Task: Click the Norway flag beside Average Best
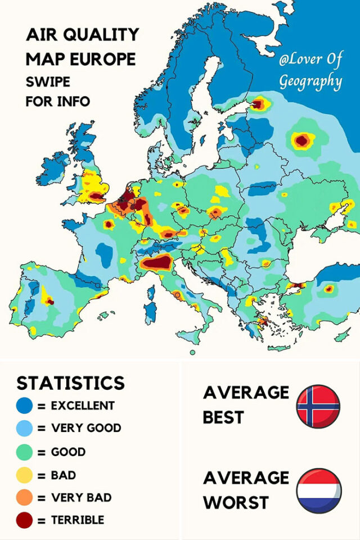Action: pyautogui.click(x=318, y=406)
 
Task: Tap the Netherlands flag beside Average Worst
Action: pyautogui.click(x=318, y=490)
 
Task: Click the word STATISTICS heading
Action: pyautogui.click(x=70, y=383)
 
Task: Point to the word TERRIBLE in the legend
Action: pyautogui.click(x=78, y=521)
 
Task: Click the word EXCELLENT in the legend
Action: pyautogui.click(x=83, y=406)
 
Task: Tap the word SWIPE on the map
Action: pyautogui.click(x=48, y=82)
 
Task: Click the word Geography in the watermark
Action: pyautogui.click(x=310, y=82)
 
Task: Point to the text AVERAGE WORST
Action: pyautogui.click(x=245, y=490)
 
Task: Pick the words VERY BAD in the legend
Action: pyautogui.click(x=81, y=498)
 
